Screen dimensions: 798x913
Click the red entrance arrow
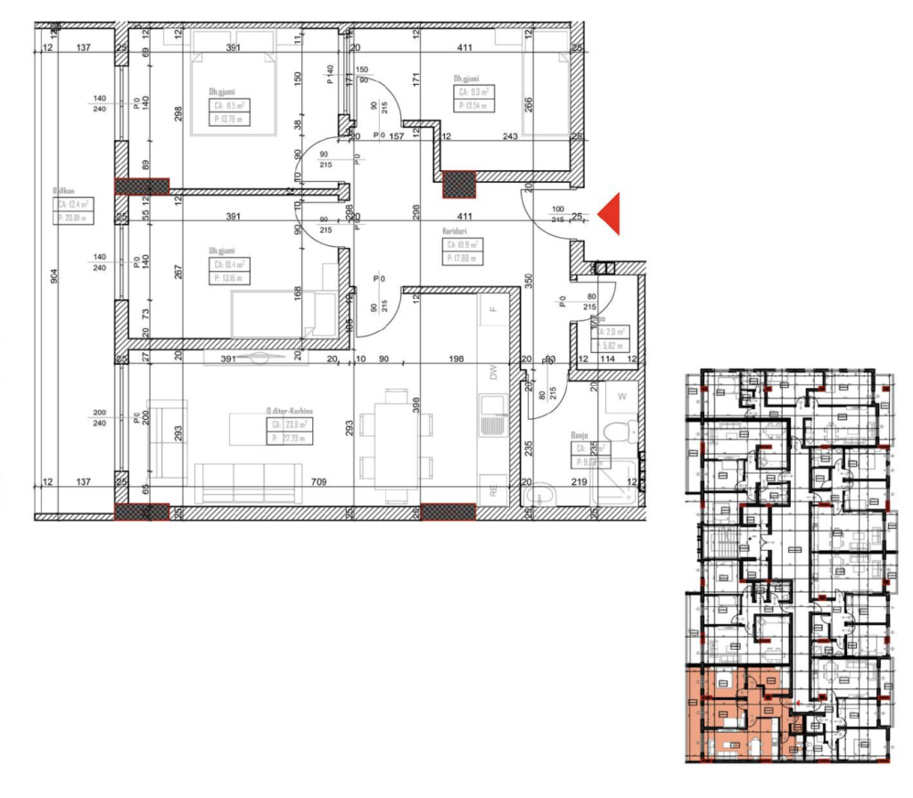609,215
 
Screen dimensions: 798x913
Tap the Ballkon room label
62,190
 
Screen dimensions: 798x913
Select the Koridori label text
455,231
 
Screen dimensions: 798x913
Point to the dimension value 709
318,483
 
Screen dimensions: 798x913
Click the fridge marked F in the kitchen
492,309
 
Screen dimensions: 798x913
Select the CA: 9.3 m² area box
475,91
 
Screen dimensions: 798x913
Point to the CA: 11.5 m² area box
229,104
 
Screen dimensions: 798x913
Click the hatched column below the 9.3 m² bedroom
460,184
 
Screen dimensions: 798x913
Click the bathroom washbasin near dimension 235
540,497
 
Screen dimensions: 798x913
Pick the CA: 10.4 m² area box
230,265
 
